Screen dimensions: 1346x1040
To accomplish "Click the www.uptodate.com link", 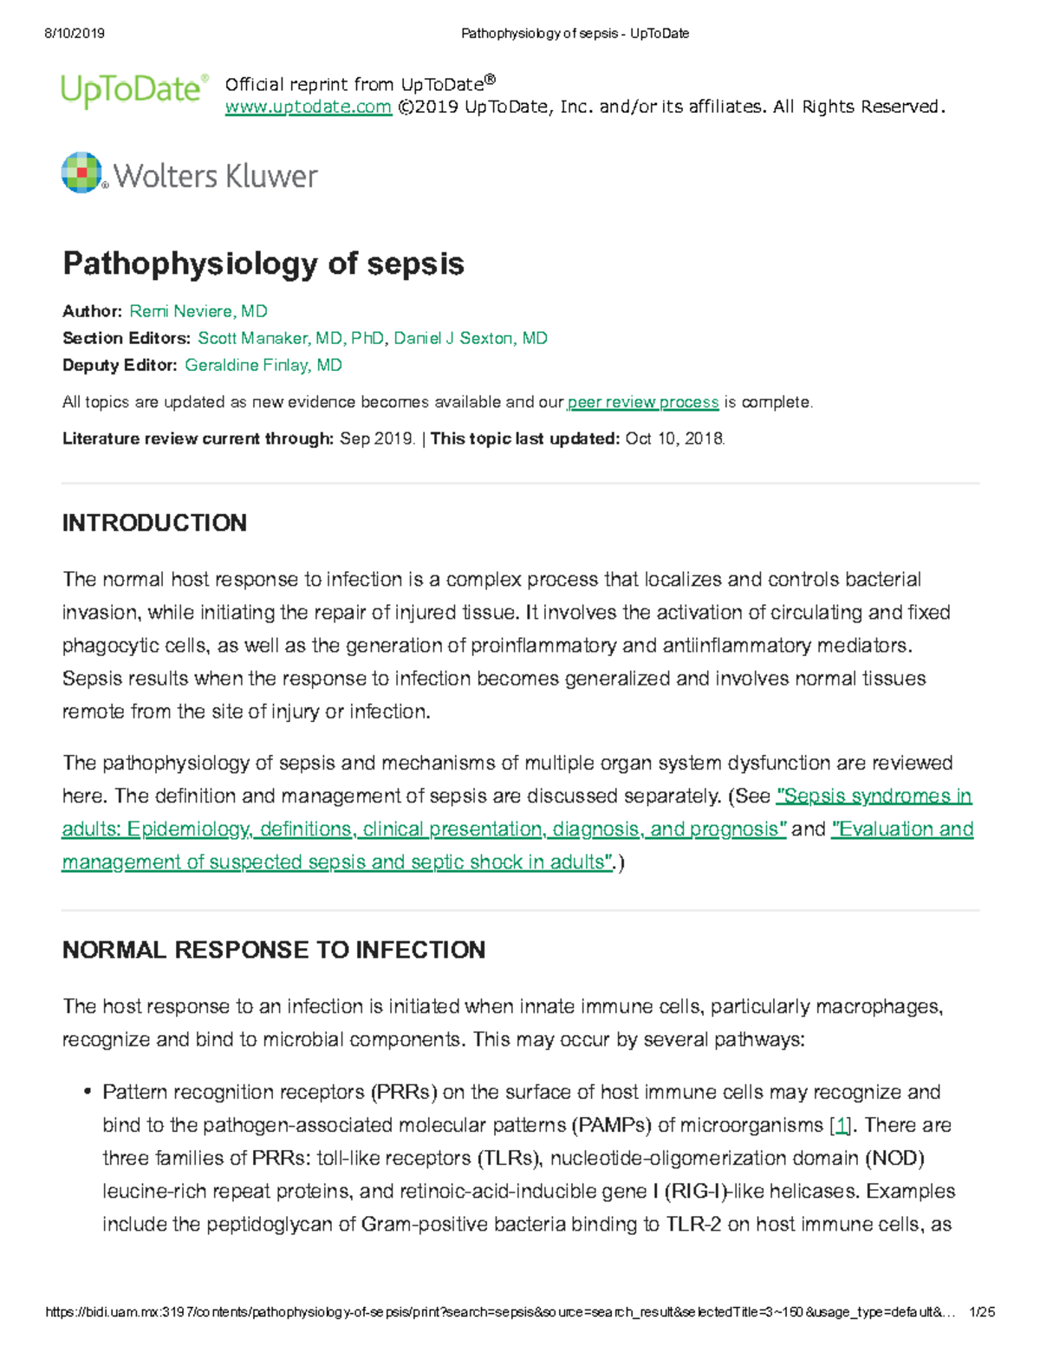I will pos(308,107).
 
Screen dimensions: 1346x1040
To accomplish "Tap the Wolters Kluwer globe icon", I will pos(82,172).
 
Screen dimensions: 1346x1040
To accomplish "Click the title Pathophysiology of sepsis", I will pos(263,263).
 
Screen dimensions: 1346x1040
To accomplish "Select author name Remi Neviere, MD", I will pos(198,311).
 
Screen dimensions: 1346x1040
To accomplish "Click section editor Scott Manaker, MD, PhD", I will pos(290,338).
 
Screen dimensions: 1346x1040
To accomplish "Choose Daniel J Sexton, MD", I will pos(471,338).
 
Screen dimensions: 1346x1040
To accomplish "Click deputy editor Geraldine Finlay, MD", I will pos(263,365).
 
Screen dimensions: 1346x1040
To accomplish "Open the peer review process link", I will pos(642,402).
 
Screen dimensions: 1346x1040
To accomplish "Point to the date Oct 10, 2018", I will pos(673,439).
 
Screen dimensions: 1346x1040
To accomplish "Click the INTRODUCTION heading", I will pos(154,523).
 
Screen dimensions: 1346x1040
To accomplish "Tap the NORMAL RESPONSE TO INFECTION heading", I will pos(273,950).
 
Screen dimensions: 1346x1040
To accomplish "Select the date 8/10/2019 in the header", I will pos(74,33).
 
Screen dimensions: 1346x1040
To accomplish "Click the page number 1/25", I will pos(982,1312).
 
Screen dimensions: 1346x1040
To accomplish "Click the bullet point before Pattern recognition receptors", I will pos(87,1092).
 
